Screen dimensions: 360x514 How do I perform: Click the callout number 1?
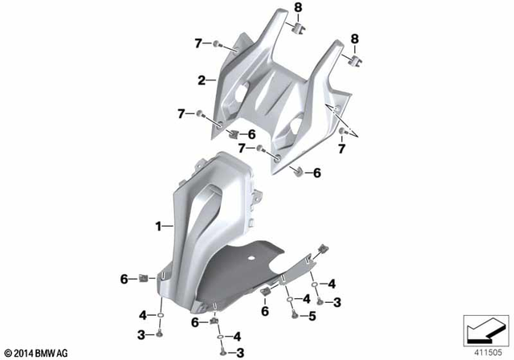(159, 227)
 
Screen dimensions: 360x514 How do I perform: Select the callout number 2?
(202, 80)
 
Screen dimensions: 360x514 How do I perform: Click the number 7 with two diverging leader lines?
(343, 149)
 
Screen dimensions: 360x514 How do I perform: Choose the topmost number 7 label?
(197, 43)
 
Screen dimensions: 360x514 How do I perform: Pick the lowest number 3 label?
(239, 353)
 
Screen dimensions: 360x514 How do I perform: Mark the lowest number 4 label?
(239, 336)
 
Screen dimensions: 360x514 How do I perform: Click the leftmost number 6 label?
(125, 279)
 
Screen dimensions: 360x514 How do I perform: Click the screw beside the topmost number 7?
(218, 43)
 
